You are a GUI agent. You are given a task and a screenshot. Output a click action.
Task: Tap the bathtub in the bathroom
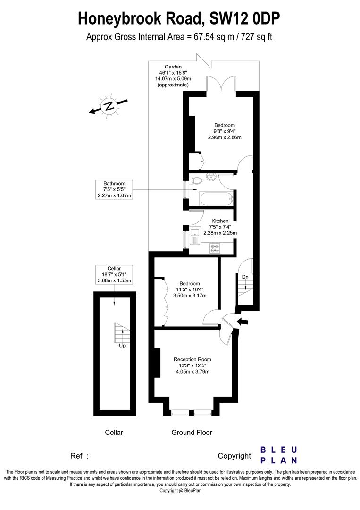216,199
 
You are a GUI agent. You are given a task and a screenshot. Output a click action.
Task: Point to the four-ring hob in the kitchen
215,248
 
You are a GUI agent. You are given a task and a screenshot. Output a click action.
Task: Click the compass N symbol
109,106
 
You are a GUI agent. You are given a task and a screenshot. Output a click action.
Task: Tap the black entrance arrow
243,322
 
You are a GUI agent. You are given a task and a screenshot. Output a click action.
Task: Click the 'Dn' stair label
245,277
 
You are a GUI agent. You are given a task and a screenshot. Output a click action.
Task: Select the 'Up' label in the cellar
122,345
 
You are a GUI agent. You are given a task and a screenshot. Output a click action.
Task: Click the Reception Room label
193,359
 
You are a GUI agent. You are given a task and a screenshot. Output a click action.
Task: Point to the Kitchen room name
220,221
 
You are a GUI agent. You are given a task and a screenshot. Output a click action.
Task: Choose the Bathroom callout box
114,189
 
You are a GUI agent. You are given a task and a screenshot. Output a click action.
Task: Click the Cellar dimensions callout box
114,274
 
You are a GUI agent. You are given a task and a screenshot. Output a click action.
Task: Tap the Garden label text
173,67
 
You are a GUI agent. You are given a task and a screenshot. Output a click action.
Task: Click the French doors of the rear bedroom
221,84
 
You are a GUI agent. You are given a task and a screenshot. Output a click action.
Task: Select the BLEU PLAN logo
279,455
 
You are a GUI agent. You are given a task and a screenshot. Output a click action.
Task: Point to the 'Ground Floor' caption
192,432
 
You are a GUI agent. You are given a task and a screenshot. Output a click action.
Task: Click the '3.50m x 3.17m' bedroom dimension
190,296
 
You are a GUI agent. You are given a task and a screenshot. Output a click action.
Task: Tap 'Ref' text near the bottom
77,456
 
